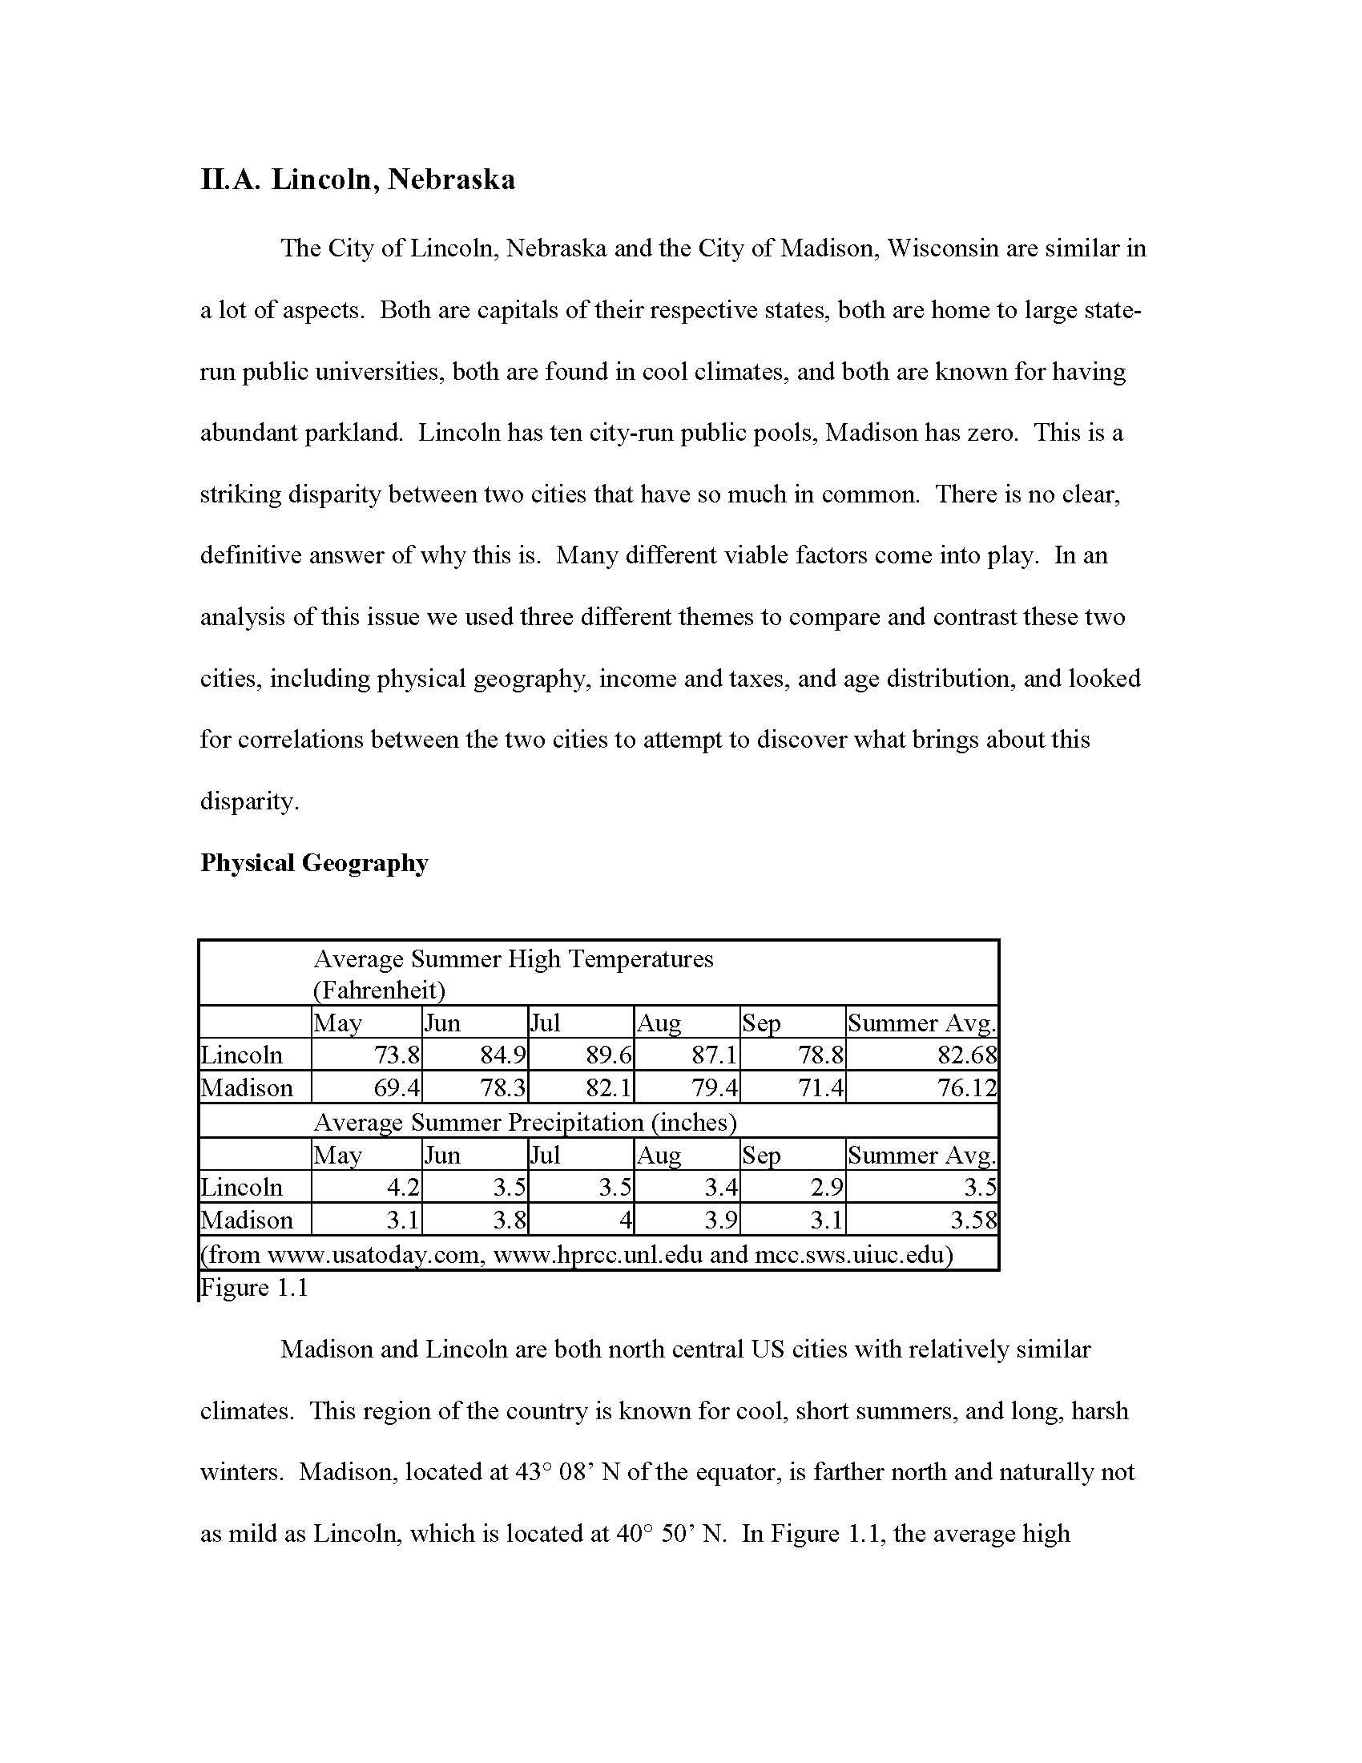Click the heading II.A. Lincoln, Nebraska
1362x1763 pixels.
[357, 180]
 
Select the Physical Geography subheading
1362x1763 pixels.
[314, 863]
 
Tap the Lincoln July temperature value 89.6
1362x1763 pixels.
[608, 1055]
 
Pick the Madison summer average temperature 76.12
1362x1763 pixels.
[967, 1088]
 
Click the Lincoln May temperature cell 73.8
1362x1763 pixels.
[396, 1055]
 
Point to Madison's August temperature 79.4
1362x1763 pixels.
[714, 1088]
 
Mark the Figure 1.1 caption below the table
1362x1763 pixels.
[254, 1288]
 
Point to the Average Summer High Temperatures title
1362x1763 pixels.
[514, 959]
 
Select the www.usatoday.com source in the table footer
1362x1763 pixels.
[375, 1255]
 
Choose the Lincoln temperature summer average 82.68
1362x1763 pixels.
[967, 1055]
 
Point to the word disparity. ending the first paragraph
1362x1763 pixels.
[249, 801]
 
